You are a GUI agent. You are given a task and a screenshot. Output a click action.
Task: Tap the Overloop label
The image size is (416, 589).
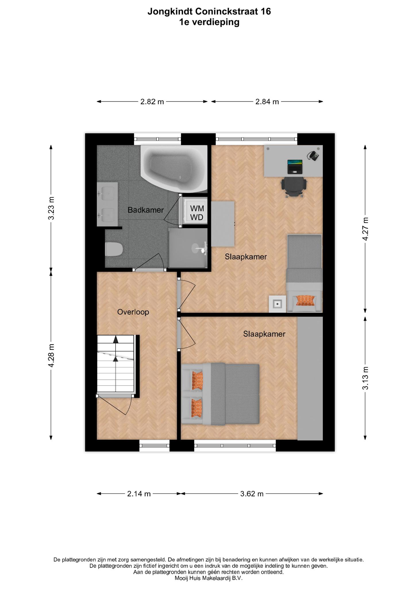point(133,312)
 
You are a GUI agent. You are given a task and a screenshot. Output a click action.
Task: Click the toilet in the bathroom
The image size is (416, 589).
point(114,249)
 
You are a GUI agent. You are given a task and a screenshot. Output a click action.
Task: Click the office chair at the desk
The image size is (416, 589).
point(294,186)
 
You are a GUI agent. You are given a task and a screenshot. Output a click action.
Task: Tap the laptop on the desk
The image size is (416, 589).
point(295,167)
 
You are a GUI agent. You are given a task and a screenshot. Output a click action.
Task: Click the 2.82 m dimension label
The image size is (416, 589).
point(152,102)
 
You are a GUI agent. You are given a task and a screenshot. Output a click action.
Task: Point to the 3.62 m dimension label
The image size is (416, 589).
point(252,494)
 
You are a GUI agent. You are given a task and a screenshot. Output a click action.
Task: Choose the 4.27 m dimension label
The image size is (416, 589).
point(365,229)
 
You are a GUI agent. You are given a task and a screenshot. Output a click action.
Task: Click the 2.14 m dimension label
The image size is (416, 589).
point(139,494)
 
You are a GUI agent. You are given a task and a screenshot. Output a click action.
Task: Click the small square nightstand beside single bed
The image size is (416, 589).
point(278,304)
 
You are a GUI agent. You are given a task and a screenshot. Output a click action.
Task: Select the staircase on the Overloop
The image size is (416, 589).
point(116,364)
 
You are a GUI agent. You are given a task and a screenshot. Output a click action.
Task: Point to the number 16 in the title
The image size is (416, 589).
point(266,12)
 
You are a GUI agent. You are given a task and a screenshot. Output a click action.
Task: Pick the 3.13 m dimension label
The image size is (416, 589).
point(365,378)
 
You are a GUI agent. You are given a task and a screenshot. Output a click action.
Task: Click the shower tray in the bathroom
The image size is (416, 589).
point(188,248)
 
